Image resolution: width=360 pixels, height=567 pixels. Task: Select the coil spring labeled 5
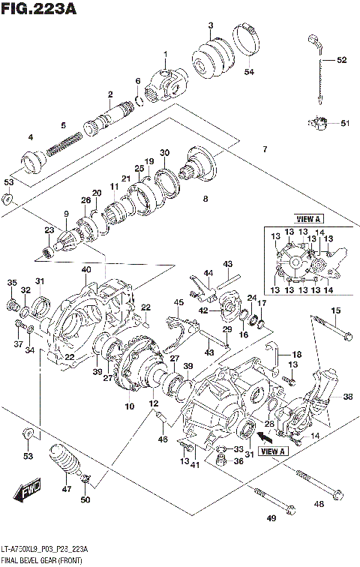pyautogui.click(x=64, y=143)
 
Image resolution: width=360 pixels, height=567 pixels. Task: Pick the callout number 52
pyautogui.click(x=341, y=60)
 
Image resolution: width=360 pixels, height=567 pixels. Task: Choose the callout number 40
pyautogui.click(x=87, y=270)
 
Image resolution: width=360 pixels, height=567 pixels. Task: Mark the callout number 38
pyautogui.click(x=346, y=397)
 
